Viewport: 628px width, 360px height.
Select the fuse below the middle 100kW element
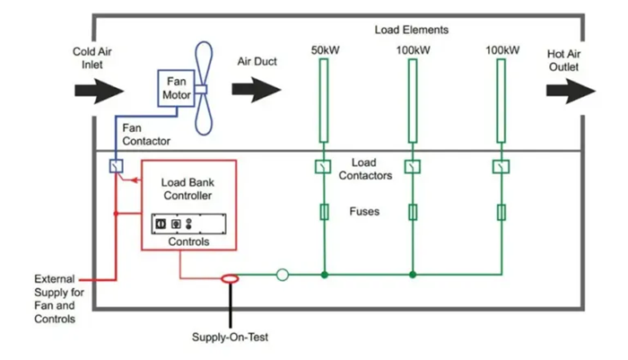(x=412, y=212)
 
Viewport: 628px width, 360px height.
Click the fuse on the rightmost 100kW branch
(x=500, y=212)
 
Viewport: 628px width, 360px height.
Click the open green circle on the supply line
(x=283, y=275)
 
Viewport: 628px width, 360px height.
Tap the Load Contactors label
(x=366, y=169)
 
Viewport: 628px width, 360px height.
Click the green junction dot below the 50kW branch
(x=325, y=275)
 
